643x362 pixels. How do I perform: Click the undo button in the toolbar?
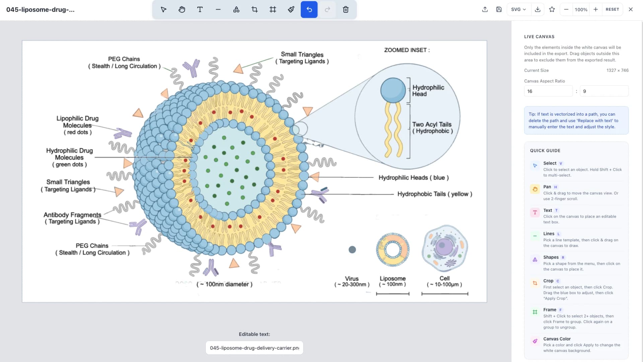[x=309, y=9]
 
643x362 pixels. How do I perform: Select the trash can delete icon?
[x=346, y=9]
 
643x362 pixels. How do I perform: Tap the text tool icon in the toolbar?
[x=200, y=9]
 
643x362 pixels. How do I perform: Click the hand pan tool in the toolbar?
[x=182, y=9]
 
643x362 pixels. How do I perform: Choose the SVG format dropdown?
[x=518, y=9]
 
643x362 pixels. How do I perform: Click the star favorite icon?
[x=552, y=9]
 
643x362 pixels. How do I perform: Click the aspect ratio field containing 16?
[x=548, y=91]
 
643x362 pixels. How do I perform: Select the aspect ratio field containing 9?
[x=604, y=91]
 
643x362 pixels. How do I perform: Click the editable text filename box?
[x=254, y=348]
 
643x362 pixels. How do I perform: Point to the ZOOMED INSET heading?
[x=407, y=50]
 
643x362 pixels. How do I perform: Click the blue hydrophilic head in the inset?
[x=393, y=90]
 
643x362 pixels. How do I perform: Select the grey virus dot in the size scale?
[x=352, y=250]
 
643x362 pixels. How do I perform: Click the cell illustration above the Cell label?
[x=444, y=248]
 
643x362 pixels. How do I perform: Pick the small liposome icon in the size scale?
[x=392, y=250]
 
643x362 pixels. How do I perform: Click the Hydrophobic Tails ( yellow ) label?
[x=434, y=194]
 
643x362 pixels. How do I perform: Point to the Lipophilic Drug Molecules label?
[x=77, y=125]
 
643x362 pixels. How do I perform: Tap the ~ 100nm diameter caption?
[x=224, y=284]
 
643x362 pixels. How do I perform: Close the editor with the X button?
[x=630, y=9]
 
